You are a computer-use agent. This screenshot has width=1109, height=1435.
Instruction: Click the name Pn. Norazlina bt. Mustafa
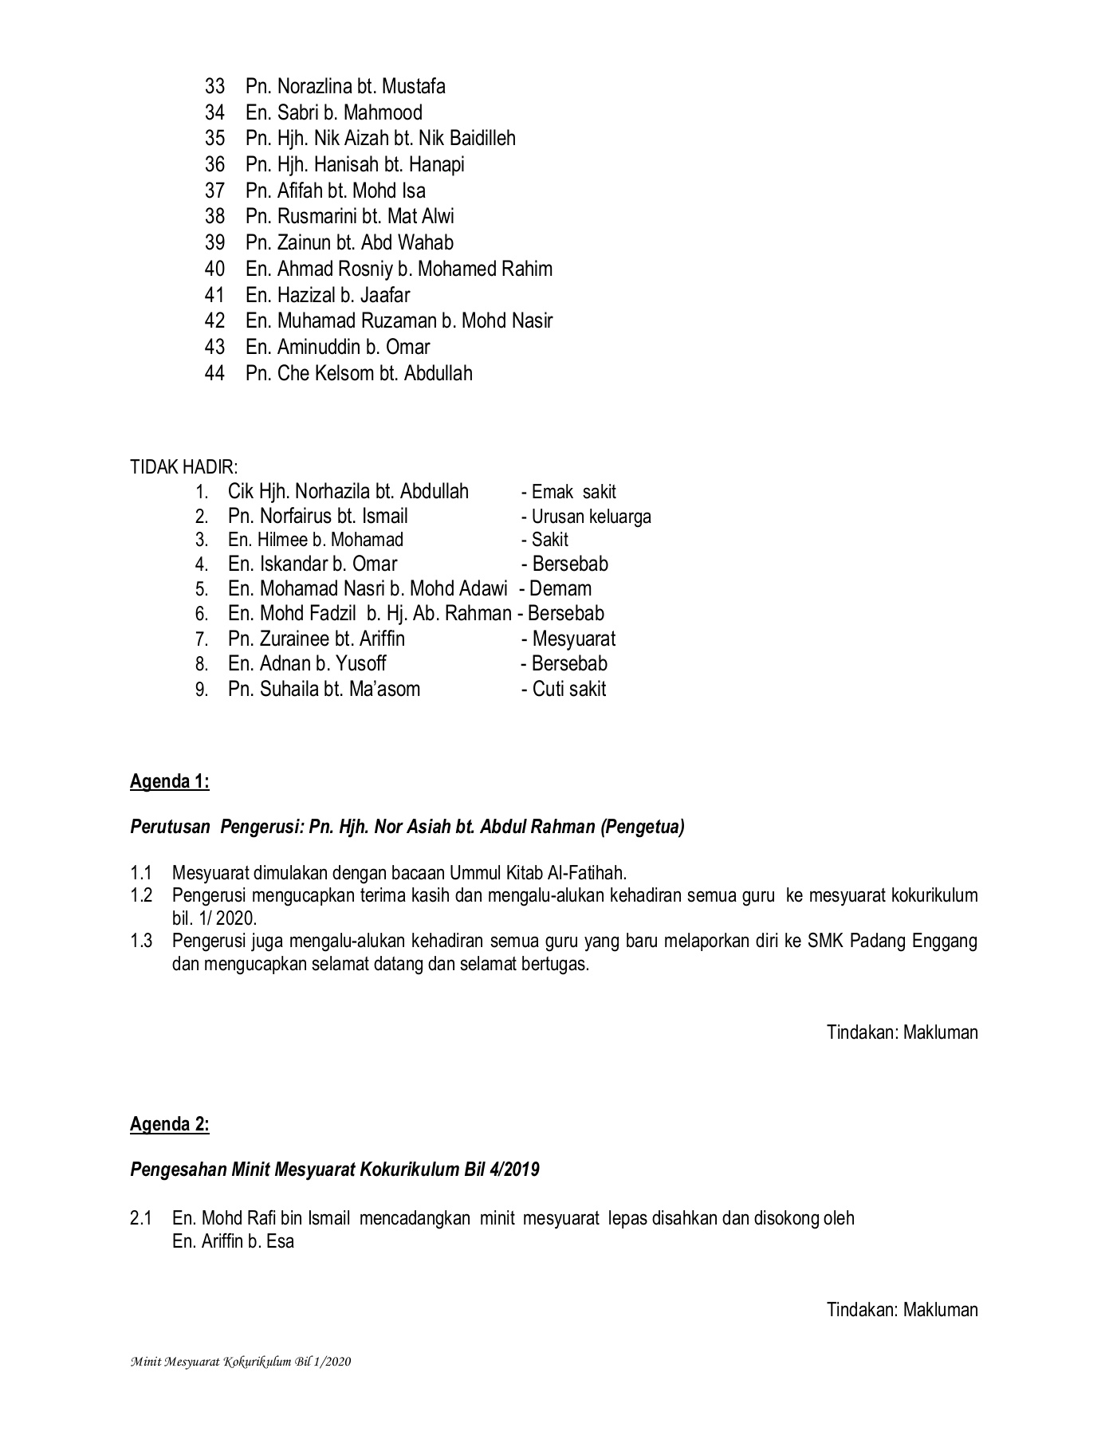345,86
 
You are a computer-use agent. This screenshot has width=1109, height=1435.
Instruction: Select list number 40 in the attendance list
214,269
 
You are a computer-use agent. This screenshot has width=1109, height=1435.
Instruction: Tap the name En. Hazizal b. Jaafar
328,296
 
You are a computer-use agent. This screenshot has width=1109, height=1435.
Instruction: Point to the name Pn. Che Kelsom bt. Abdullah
359,374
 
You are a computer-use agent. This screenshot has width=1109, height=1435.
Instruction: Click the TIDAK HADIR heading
183,467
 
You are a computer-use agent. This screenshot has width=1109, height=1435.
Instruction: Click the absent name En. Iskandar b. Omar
313,564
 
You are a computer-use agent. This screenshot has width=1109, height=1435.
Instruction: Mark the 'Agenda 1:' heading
169,782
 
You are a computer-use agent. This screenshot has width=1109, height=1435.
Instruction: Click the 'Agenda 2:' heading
169,1125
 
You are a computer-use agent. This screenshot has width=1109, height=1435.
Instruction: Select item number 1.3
141,942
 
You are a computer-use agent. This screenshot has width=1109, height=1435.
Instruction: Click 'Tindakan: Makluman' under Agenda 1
902,1033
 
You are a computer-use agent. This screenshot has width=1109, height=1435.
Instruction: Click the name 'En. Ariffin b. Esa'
233,1242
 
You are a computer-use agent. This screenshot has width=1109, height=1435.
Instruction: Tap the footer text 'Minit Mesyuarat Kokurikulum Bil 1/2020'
241,1362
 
